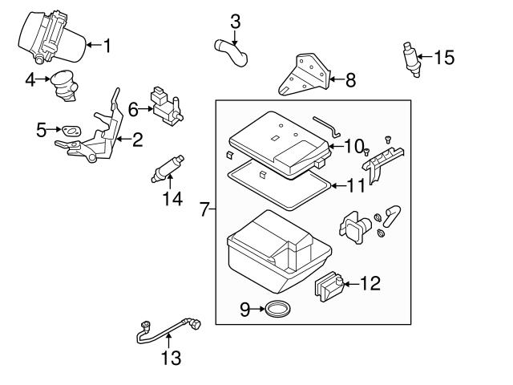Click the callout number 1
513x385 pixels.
pyautogui.click(x=107, y=46)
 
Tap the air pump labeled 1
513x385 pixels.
pyautogui.click(x=52, y=37)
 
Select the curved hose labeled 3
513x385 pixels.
pyautogui.click(x=231, y=52)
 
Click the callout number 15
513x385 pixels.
pyautogui.click(x=444, y=57)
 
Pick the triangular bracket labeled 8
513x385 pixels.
pyautogui.click(x=304, y=75)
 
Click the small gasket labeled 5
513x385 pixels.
pyautogui.click(x=71, y=132)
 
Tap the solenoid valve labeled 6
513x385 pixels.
pyautogui.click(x=167, y=107)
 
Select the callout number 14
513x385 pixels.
pyautogui.click(x=173, y=198)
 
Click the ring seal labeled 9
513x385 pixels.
pyautogui.click(x=278, y=309)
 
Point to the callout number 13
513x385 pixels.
pyautogui.click(x=171, y=359)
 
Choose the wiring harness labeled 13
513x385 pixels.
pyautogui.click(x=168, y=330)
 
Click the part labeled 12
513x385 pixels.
pyautogui.click(x=329, y=286)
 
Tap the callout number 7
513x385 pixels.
pyautogui.click(x=204, y=209)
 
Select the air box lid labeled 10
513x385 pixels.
pyautogui.click(x=279, y=144)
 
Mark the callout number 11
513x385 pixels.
pyautogui.click(x=356, y=186)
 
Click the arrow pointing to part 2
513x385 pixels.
pyautogui.click(x=123, y=139)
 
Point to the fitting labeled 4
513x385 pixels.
pyautogui.click(x=65, y=86)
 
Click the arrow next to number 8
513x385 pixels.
pyautogui.click(x=337, y=79)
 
